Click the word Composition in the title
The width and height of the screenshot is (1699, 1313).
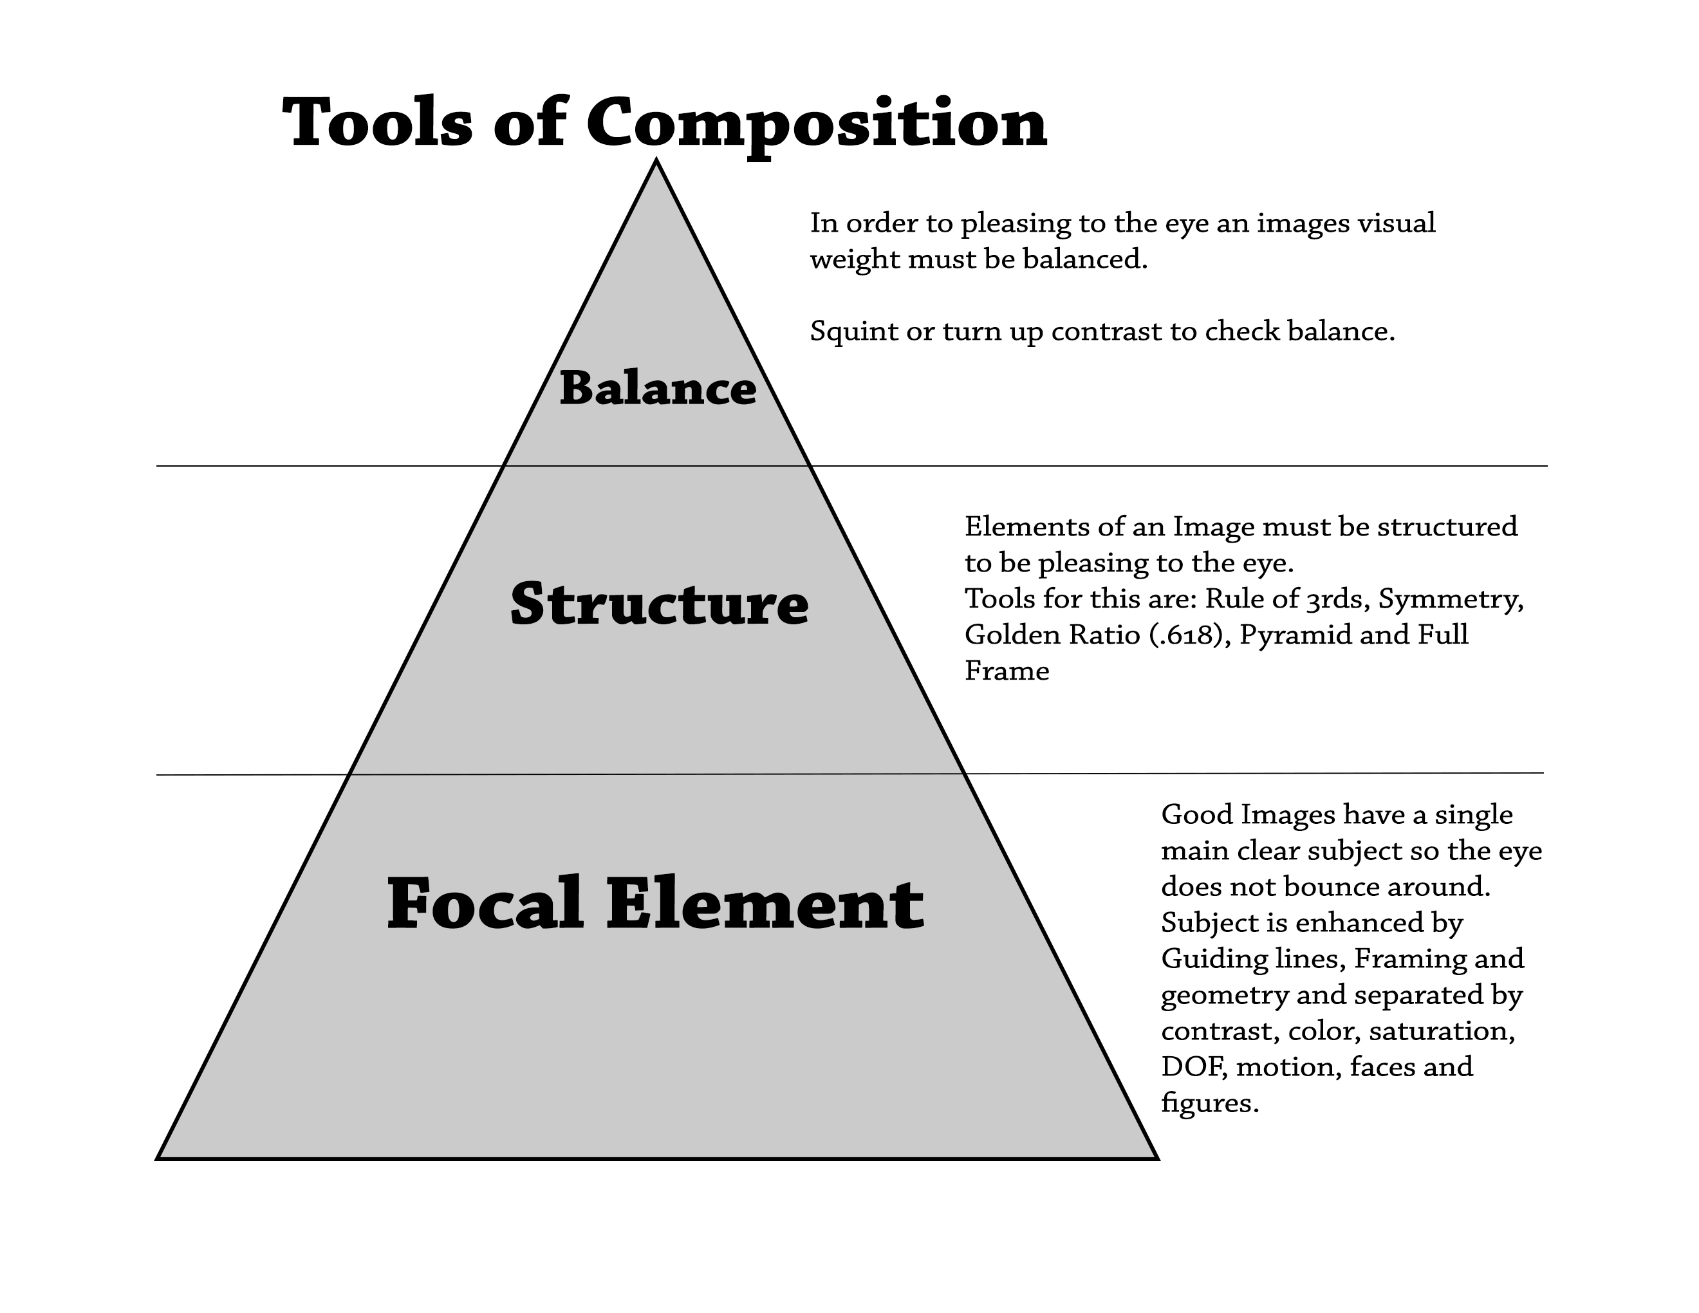click(816, 124)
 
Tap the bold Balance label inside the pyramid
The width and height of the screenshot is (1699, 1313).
click(657, 388)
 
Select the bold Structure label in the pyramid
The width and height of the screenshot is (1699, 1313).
click(660, 604)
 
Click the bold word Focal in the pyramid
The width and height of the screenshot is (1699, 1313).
click(485, 904)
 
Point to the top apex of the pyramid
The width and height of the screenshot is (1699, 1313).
click(656, 161)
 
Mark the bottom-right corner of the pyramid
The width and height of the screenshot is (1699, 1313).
click(1156, 1159)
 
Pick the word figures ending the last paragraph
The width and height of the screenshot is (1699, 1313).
click(1209, 1103)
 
